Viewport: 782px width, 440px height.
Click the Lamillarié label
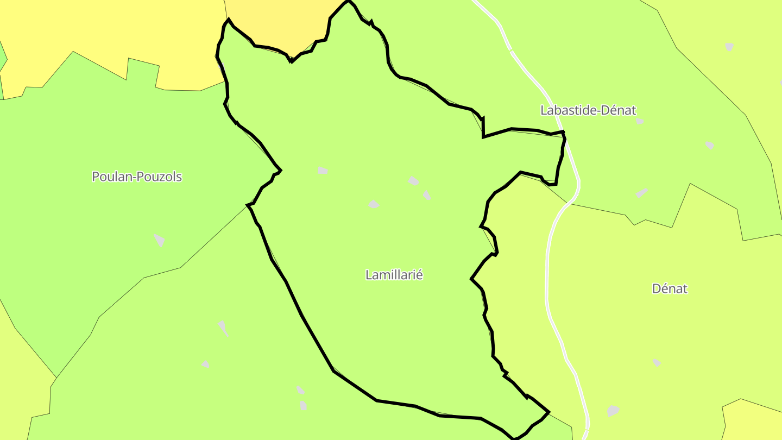point(394,275)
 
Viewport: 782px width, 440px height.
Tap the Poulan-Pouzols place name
point(137,177)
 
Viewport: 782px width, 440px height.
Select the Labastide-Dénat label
point(588,110)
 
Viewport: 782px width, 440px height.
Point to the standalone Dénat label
point(670,288)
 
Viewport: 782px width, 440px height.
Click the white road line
point(547,272)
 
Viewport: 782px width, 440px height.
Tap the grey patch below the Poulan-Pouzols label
point(159,240)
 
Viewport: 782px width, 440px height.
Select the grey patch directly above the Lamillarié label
point(374,204)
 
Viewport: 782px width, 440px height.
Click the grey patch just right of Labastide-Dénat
point(640,121)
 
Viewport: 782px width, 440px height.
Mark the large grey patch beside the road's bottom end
point(613,411)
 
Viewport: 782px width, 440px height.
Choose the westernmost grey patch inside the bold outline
point(323,171)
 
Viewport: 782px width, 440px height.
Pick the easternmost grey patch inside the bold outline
point(427,194)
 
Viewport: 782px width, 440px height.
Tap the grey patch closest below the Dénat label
point(657,362)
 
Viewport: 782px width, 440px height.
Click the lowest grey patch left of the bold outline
point(303,405)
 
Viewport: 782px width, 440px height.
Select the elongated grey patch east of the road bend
point(642,193)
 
